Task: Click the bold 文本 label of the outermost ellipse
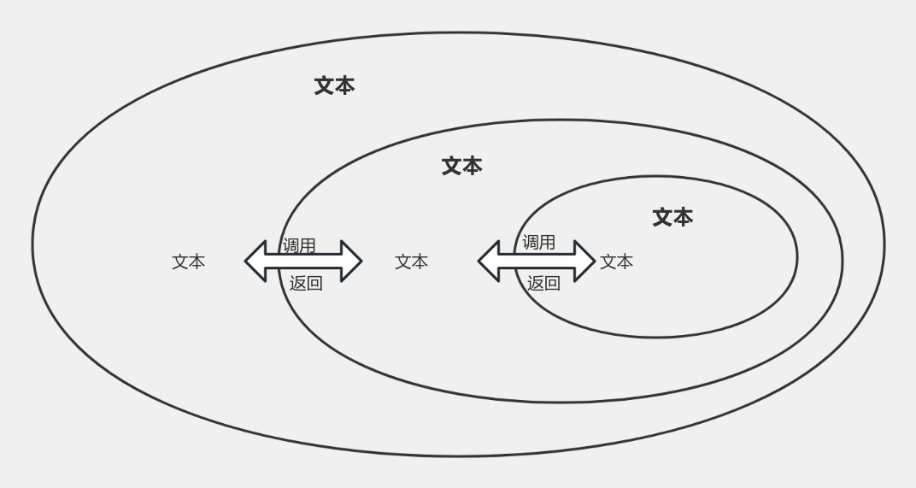click(334, 86)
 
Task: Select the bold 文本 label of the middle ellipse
click(461, 167)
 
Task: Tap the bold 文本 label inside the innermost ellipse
click(672, 217)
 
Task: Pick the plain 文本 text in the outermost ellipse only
click(189, 262)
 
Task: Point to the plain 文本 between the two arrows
click(411, 262)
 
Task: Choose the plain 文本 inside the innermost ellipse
click(616, 262)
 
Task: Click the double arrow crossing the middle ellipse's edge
click(303, 262)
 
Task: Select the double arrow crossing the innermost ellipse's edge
click(537, 262)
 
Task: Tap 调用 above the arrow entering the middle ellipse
click(298, 245)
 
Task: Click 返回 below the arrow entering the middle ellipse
click(306, 284)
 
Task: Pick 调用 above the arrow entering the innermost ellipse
click(538, 242)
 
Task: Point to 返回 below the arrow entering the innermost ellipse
click(543, 284)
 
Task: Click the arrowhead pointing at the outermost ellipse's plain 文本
click(255, 262)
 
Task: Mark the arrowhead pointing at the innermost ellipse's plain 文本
click(584, 262)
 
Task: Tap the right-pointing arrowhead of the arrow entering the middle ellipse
click(352, 262)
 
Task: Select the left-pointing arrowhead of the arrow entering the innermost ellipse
click(489, 262)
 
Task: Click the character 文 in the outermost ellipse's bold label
click(324, 86)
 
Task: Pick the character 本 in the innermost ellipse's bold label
click(683, 217)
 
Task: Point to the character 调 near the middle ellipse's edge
click(291, 245)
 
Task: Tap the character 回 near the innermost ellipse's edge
click(552, 284)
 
